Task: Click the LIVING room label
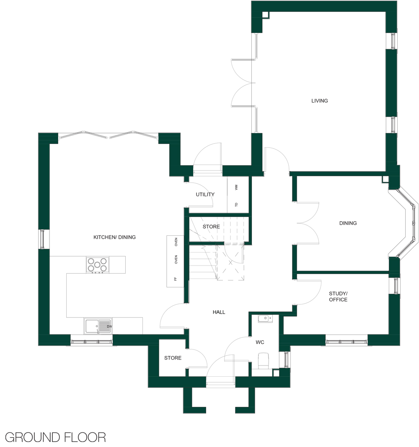click(319, 101)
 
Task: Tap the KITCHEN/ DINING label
click(114, 237)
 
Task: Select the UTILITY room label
click(205, 194)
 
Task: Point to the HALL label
click(219, 312)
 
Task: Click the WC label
click(260, 342)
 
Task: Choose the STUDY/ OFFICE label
click(338, 296)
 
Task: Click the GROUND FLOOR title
click(55, 437)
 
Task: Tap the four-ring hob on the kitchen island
click(97, 265)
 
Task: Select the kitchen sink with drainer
click(98, 326)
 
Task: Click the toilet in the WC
click(263, 360)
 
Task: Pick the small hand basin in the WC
click(265, 319)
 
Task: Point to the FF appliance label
click(176, 279)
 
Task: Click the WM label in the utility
click(236, 187)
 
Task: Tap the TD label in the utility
click(236, 205)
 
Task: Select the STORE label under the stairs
click(211, 227)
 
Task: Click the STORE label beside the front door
click(173, 358)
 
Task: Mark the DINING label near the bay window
click(348, 223)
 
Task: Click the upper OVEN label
click(176, 242)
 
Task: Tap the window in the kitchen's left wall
click(42, 239)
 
